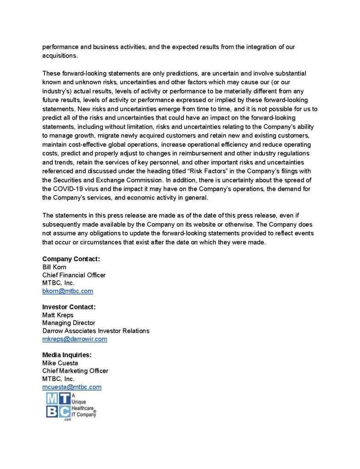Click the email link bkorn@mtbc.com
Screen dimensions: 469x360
[x=67, y=291]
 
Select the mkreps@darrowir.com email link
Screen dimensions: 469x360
[x=74, y=339]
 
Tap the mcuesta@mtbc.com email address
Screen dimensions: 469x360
[x=72, y=387]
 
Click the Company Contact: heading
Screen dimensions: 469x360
[x=71, y=259]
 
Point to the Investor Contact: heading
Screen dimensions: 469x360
[x=69, y=307]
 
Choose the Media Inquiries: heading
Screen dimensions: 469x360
[x=67, y=355]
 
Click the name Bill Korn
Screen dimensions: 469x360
[x=54, y=267]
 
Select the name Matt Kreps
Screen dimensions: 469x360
[x=57, y=315]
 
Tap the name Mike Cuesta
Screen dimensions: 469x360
[x=60, y=363]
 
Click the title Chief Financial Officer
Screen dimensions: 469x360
[x=74, y=275]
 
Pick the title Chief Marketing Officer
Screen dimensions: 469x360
[x=75, y=371]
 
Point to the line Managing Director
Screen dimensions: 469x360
[x=69, y=323]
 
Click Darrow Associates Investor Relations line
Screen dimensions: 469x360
[x=95, y=331]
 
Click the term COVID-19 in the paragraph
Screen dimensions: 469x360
[x=71, y=188]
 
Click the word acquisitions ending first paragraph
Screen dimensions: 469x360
[x=60, y=55]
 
